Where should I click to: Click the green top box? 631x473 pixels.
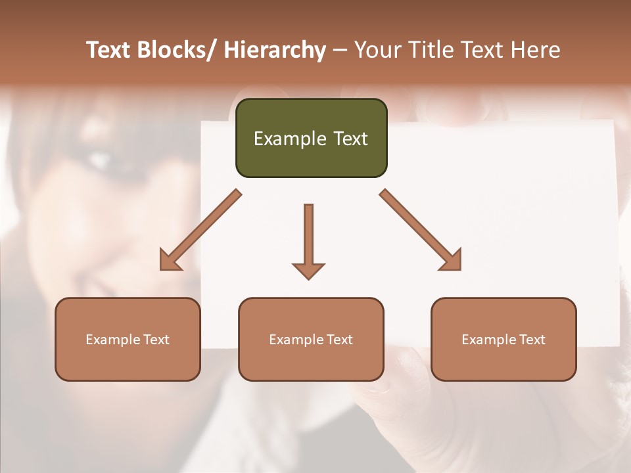point(311,138)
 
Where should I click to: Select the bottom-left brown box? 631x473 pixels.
point(128,339)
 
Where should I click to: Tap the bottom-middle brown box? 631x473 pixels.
point(311,339)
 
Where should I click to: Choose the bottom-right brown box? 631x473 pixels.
point(503,339)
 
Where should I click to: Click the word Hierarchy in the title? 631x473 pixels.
point(275,50)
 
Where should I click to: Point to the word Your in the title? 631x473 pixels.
point(377,50)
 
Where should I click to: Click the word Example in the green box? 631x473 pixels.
point(285,139)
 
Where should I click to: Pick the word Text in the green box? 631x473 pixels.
point(350,139)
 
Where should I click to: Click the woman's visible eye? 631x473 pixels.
point(100,158)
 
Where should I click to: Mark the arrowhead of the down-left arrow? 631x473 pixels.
point(170,260)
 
